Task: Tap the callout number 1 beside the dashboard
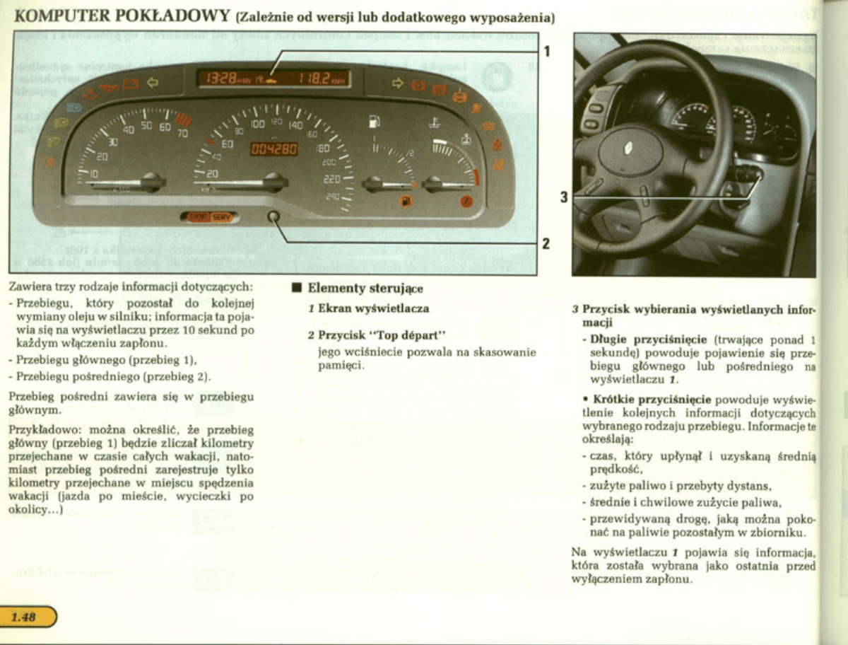pos(547,51)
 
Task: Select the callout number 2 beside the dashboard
pos(546,243)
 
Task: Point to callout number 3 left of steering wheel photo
pos(564,197)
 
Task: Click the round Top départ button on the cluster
pos(274,217)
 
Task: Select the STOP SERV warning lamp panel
pos(209,217)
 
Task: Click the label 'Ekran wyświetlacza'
pos(373,308)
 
